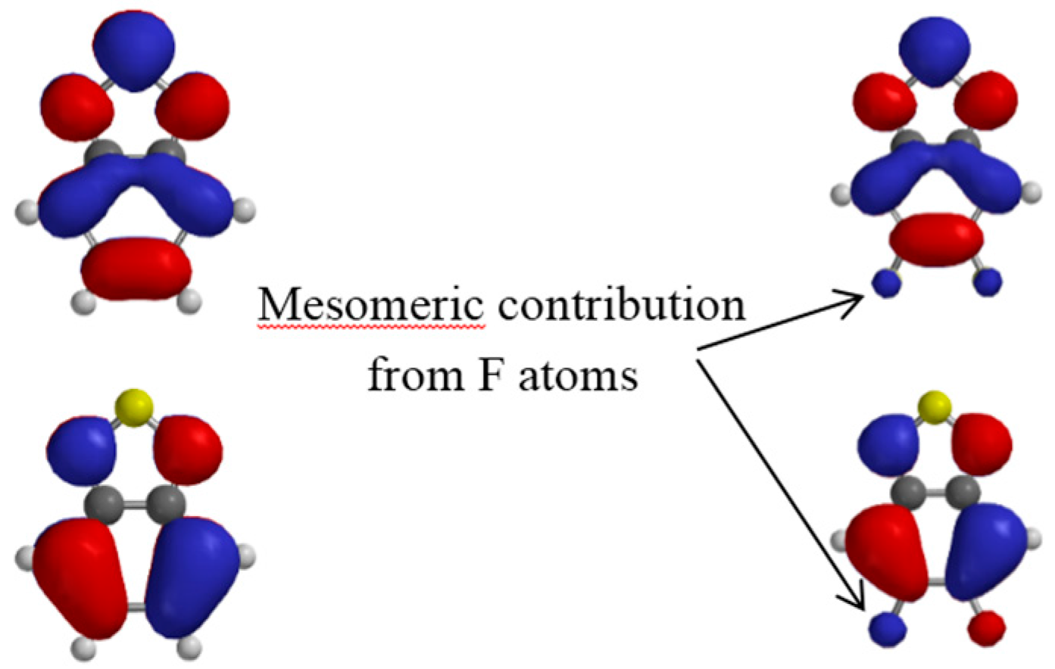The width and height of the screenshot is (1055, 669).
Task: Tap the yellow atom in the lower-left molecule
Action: point(133,407)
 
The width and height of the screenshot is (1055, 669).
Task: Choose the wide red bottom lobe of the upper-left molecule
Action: point(136,268)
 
